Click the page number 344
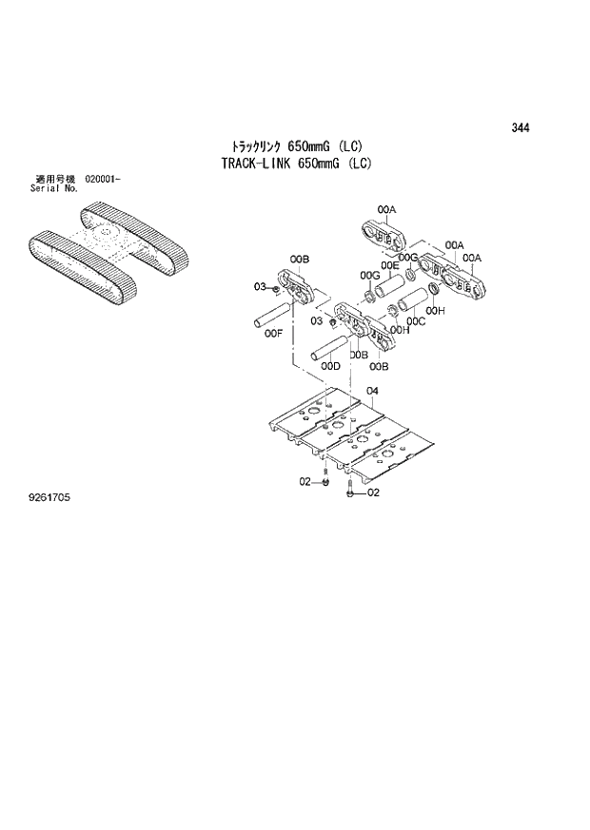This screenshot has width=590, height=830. [x=520, y=128]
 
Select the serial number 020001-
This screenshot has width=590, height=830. [x=103, y=180]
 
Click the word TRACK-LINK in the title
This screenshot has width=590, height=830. [x=256, y=163]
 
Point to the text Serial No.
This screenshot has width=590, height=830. [x=53, y=188]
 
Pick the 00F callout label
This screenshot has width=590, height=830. [x=274, y=334]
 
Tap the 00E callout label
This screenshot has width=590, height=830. [x=389, y=265]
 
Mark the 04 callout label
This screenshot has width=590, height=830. [x=372, y=391]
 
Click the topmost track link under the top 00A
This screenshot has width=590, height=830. [x=384, y=234]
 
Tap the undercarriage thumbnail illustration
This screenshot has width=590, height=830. [x=108, y=251]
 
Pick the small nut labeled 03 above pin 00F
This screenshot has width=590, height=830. [x=275, y=287]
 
